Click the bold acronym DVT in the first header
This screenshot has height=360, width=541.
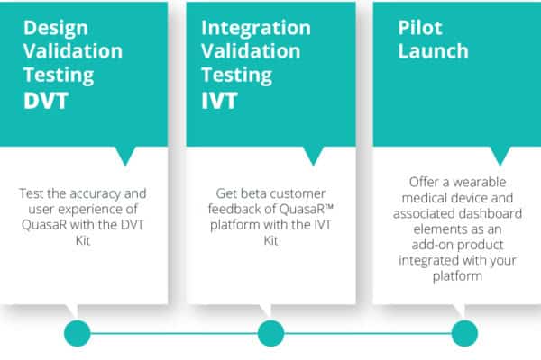click(46, 101)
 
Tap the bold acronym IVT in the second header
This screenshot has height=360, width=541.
click(219, 101)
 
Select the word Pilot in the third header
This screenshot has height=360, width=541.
click(420, 28)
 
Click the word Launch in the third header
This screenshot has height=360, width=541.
click(434, 51)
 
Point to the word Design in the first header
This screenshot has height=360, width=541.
click(56, 29)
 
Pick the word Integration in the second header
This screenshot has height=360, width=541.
click(256, 29)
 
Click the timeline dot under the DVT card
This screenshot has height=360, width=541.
click(78, 333)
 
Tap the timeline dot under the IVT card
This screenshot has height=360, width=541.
click(270, 333)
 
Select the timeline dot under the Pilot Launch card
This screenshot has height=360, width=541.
click(464, 333)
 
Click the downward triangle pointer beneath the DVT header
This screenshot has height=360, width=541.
click(125, 154)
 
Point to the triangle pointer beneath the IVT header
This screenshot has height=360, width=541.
click(313, 154)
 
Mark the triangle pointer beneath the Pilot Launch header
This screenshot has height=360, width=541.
click(500, 154)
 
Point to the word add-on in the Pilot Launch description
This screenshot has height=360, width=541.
click(431, 245)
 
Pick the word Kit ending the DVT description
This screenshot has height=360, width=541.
click(83, 240)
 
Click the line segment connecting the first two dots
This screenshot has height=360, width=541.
click(174, 333)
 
